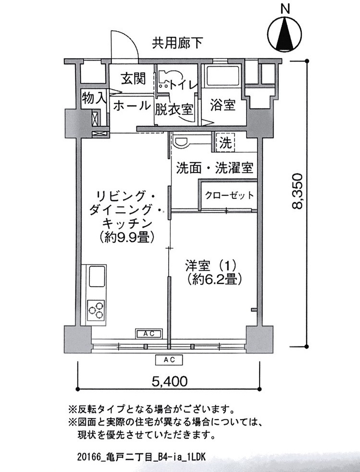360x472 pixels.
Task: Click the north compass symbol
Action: coord(285,33)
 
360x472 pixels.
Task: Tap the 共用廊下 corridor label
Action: coord(177,43)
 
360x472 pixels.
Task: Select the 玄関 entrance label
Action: coord(133,79)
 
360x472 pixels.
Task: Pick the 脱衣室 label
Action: coord(174,109)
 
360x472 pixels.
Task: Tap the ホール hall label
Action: coord(132,106)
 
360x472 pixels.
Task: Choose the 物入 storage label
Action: coord(94,98)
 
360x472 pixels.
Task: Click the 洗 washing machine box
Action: coord(225,143)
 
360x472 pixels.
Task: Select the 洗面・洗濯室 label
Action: coord(214,168)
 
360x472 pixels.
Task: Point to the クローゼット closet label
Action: coord(229,195)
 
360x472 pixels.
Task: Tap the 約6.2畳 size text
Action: coord(214,279)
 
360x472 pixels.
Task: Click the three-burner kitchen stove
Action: coord(96,310)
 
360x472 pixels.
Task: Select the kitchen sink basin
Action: coord(96,276)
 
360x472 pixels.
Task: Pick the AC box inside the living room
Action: coord(149,334)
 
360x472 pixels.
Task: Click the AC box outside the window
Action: coord(169,359)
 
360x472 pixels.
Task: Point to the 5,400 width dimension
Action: coord(170,381)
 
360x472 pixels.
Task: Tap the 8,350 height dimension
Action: coord(297,192)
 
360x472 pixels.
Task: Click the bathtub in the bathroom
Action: coord(222,76)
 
